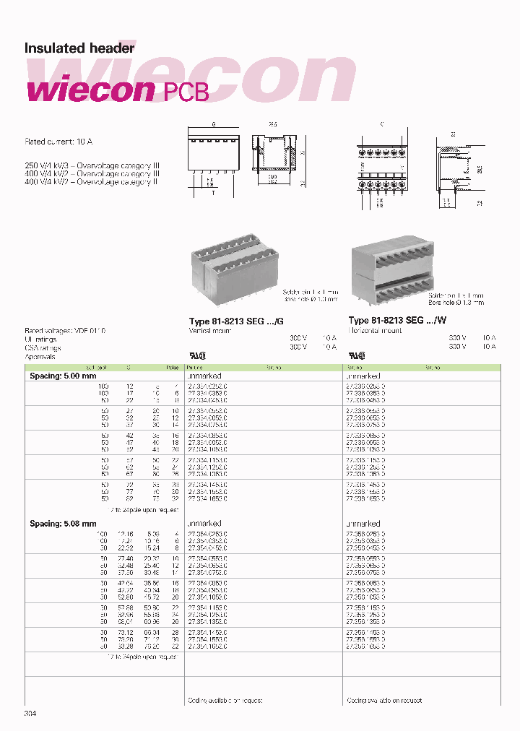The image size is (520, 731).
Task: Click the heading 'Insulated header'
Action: [79, 48]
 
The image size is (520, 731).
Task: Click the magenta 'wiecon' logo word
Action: [90, 91]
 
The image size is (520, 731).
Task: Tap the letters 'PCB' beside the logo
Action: [184, 92]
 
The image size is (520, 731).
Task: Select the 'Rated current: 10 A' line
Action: [60, 142]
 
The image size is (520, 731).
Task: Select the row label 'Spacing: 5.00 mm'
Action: [63, 376]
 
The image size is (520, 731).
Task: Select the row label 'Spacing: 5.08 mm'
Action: [63, 524]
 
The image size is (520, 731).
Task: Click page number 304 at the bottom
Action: [30, 714]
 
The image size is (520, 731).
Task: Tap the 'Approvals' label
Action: [40, 357]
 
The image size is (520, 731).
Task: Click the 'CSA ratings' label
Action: [43, 347]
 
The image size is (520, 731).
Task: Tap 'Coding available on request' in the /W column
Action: [383, 700]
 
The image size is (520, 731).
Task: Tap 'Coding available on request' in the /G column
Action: [225, 700]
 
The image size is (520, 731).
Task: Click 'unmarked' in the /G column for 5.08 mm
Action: [204, 524]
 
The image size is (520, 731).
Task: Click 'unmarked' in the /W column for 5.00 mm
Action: [363, 376]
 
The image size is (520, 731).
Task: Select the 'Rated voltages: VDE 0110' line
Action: [65, 330]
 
